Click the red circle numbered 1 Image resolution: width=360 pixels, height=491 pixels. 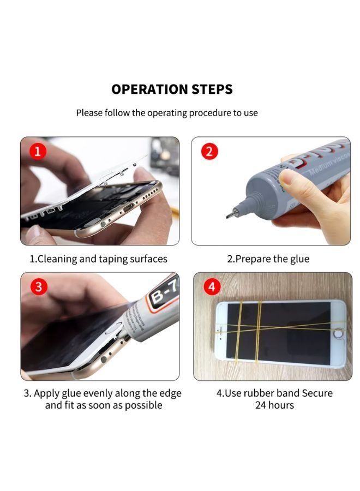(x=38, y=151)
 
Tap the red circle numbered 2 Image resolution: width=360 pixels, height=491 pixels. (x=209, y=151)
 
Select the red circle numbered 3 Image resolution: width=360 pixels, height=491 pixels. (x=39, y=287)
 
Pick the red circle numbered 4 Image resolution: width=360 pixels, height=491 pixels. (x=212, y=287)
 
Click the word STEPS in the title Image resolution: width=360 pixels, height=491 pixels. (x=212, y=89)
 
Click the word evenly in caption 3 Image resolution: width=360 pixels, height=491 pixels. (x=98, y=393)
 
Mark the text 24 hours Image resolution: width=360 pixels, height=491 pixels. (x=274, y=405)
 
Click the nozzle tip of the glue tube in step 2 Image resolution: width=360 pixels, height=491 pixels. (x=228, y=216)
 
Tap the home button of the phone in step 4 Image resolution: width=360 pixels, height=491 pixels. (x=338, y=334)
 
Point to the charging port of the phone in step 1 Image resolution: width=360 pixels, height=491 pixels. (x=128, y=207)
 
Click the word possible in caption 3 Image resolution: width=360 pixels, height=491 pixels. (x=143, y=405)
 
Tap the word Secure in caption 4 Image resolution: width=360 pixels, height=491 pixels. (x=317, y=393)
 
